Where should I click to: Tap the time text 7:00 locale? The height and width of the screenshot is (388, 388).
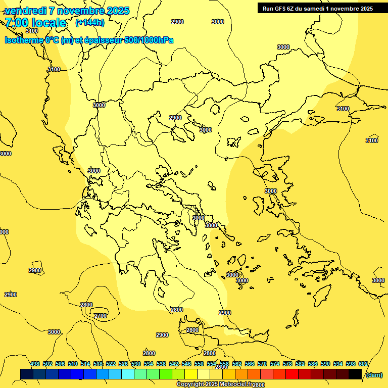click(x=35, y=23)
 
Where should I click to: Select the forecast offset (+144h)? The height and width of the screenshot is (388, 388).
click(x=90, y=23)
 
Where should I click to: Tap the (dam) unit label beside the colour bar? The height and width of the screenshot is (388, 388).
click(x=374, y=375)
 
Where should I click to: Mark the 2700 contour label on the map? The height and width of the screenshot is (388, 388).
click(x=101, y=316)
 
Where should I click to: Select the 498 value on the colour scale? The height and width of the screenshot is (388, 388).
click(x=35, y=364)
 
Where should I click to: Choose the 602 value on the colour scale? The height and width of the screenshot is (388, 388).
click(x=363, y=364)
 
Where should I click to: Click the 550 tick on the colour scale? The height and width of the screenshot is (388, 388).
click(x=199, y=364)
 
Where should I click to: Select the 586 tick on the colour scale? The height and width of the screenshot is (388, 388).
click(x=313, y=364)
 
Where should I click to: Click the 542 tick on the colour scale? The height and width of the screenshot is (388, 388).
click(x=174, y=364)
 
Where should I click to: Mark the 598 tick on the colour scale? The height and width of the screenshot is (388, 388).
click(x=351, y=364)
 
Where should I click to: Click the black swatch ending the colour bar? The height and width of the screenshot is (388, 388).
click(x=355, y=374)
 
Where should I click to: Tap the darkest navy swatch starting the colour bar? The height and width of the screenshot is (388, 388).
click(x=27, y=374)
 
